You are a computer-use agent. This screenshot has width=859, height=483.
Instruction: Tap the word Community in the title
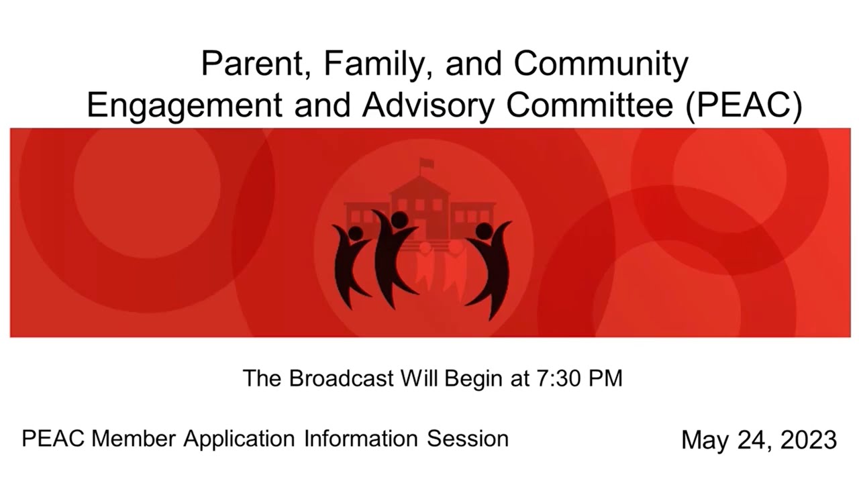[601, 64]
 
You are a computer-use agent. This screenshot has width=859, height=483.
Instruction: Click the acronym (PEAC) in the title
[744, 105]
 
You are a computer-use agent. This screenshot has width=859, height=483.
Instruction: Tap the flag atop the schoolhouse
[426, 163]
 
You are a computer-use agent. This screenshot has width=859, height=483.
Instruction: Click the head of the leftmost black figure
[356, 233]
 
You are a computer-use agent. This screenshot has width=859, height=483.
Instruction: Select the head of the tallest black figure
[399, 219]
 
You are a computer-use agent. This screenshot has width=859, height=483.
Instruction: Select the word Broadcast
[342, 378]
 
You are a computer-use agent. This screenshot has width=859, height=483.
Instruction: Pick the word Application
[239, 439]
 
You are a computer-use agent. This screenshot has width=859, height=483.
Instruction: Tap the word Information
[360, 439]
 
